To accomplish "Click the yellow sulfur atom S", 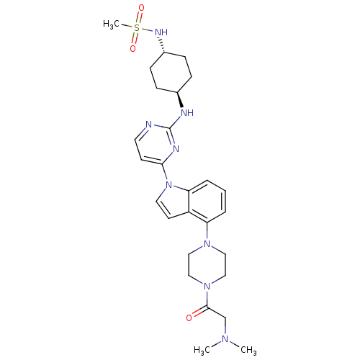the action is tap(137, 28).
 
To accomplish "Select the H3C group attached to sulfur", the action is tap(111, 24).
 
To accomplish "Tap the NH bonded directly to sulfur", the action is tap(161, 32).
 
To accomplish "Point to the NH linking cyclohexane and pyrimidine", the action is tap(187, 112).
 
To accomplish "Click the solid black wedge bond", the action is tap(180, 99).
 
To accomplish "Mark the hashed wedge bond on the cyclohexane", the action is tap(161, 45).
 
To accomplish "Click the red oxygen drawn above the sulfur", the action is tap(141, 8).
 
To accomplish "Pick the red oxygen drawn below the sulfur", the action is tap(132, 48).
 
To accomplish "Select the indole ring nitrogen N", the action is tap(169, 185).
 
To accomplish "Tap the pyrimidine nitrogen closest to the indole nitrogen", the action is tap(176, 148).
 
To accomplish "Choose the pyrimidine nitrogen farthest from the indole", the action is tap(149, 125).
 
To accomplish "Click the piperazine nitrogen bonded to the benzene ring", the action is tap(207, 244).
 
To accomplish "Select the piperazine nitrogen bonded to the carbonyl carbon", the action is tap(207, 287).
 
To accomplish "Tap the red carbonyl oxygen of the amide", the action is tap(189, 318).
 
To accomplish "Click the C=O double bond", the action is tap(199, 312).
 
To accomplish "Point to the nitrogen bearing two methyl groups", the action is tap(225, 339).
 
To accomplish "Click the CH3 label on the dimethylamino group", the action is tap(248, 350).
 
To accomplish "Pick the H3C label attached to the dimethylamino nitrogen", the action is tap(202, 350).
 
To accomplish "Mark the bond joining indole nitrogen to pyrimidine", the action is tap(165, 173).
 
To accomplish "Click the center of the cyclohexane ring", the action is tap(171, 72).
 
